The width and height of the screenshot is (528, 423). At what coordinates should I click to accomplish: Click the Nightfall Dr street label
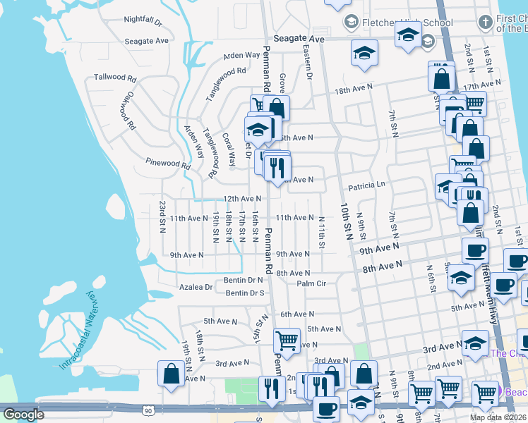pyautogui.click(x=143, y=19)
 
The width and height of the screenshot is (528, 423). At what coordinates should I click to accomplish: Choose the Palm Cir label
pyautogui.click(x=311, y=283)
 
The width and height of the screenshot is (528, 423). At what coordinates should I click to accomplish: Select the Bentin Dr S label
pyautogui.click(x=245, y=293)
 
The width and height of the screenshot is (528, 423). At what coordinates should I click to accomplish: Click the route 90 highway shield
pyautogui.click(x=147, y=410)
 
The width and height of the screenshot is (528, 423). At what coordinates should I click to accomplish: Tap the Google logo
pyautogui.click(x=23, y=415)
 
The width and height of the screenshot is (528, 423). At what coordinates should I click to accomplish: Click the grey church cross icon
pyautogui.click(x=484, y=22)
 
